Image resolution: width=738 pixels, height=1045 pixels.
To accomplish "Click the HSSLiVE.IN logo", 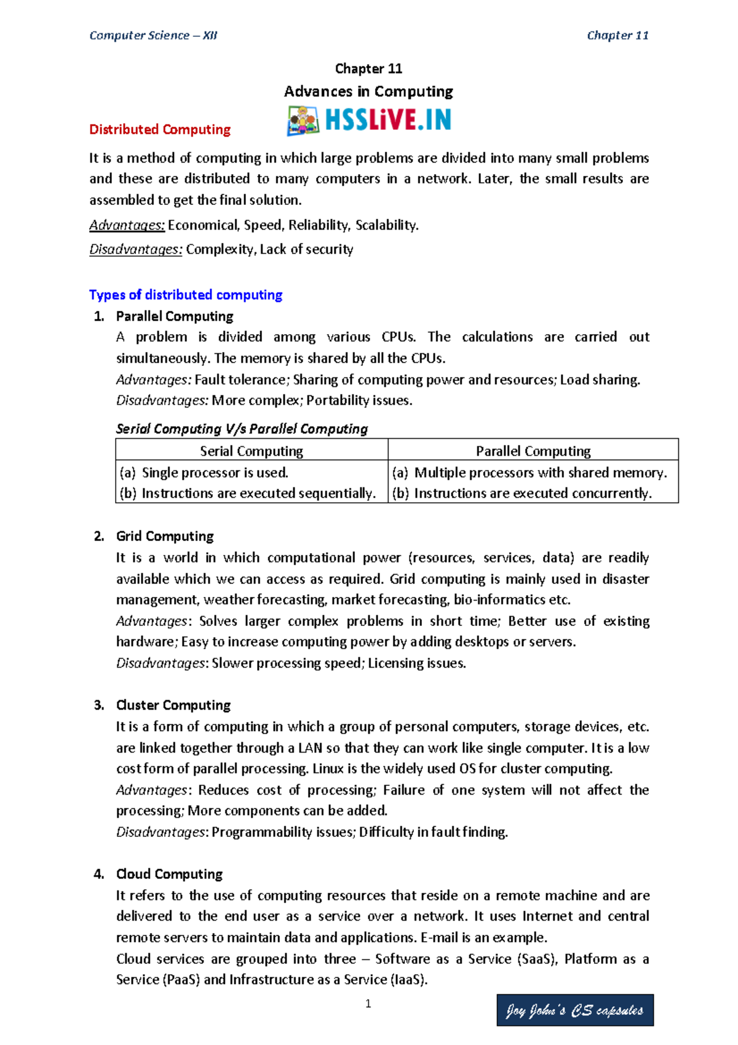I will [369, 120].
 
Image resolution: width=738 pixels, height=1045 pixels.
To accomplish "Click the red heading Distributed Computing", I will [160, 129].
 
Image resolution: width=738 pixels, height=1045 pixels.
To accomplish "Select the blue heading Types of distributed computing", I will [186, 295].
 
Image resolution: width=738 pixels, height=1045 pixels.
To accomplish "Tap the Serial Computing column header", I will [252, 451].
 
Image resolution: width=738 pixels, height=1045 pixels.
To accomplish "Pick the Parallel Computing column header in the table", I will [533, 451].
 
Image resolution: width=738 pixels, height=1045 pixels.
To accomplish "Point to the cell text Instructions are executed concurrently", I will [533, 494].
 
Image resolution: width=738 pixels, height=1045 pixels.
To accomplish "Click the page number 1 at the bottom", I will [368, 1004].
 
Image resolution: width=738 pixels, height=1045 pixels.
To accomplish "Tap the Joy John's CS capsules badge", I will [574, 1010].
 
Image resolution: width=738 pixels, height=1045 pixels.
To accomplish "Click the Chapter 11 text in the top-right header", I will [617, 35].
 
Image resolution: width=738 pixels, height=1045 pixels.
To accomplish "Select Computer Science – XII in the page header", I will [153, 35].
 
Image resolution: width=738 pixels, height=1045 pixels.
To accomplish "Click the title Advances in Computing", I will [368, 92].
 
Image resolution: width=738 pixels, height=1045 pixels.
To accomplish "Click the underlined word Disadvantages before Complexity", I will [135, 249].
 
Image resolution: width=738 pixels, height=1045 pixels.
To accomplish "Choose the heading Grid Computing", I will [165, 536].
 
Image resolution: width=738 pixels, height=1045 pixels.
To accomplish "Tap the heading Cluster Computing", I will [173, 705].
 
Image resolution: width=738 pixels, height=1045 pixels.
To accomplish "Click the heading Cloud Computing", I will [169, 874].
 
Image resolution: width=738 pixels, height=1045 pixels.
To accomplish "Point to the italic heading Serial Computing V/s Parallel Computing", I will [242, 429].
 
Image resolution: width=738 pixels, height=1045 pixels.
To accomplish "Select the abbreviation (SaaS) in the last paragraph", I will [537, 959].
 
